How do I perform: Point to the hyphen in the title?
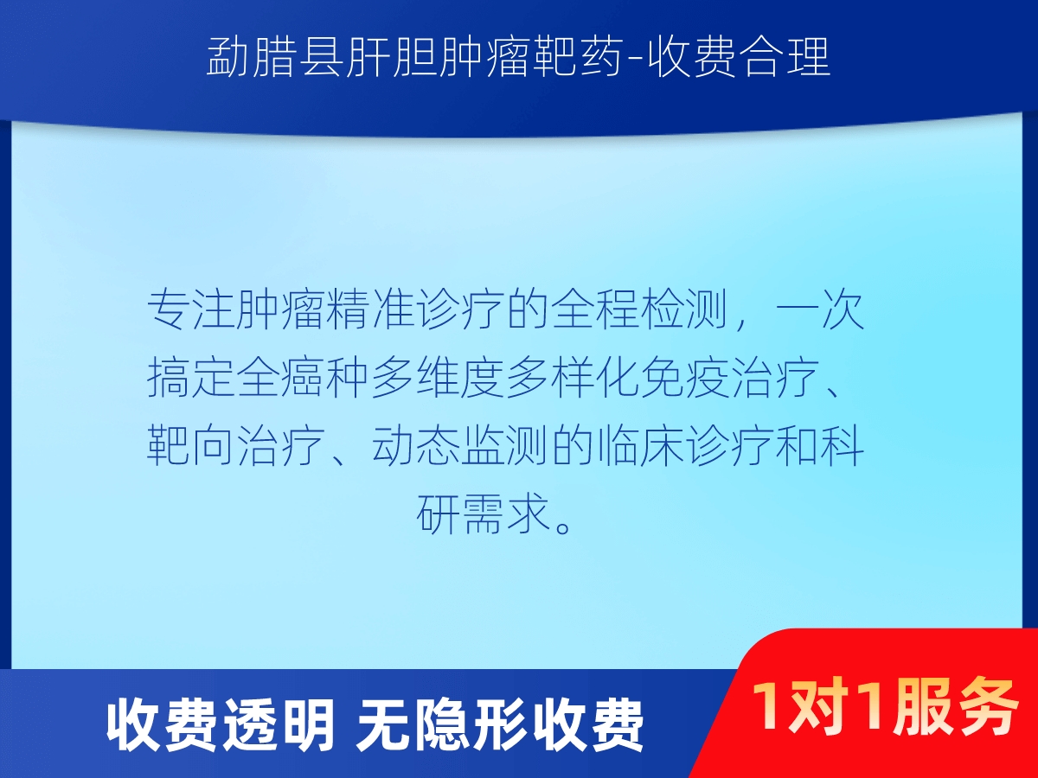(x=634, y=59)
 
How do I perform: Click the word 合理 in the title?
(x=785, y=57)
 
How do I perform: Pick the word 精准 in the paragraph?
(x=371, y=309)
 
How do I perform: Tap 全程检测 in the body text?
(x=641, y=309)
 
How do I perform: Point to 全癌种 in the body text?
(x=304, y=378)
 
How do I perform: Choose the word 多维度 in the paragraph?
(x=439, y=378)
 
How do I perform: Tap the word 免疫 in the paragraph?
(x=686, y=378)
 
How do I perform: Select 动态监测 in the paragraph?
(x=461, y=445)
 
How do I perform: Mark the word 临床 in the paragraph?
(x=641, y=445)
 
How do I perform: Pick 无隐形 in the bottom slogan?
(x=443, y=726)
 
